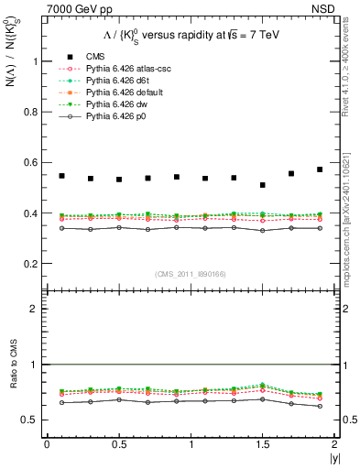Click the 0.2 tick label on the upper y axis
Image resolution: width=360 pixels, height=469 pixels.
click(28, 264)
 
